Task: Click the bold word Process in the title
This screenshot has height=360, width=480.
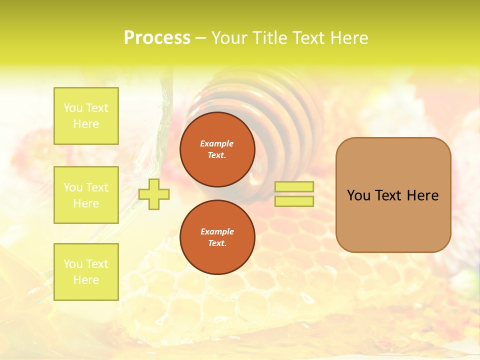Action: click(x=157, y=38)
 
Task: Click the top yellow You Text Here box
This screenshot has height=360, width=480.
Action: click(x=86, y=116)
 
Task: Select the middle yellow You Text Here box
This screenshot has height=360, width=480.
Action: click(x=86, y=195)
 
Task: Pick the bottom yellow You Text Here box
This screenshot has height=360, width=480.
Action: click(x=86, y=272)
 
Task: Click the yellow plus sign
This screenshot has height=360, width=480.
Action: click(x=154, y=194)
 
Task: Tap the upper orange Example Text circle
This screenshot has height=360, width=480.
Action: click(x=217, y=149)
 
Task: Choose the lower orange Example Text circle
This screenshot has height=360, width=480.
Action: click(x=217, y=237)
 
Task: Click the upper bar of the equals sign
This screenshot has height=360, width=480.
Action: click(x=294, y=187)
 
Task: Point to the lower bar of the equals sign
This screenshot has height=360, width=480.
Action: click(x=294, y=201)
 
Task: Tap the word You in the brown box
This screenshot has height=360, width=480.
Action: click(x=358, y=195)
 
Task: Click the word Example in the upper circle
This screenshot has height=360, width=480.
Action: click(x=217, y=143)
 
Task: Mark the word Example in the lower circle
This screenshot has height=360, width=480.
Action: click(x=217, y=231)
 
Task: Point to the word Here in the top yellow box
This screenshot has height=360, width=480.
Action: click(x=86, y=124)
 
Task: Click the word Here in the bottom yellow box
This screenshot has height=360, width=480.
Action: click(x=86, y=280)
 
